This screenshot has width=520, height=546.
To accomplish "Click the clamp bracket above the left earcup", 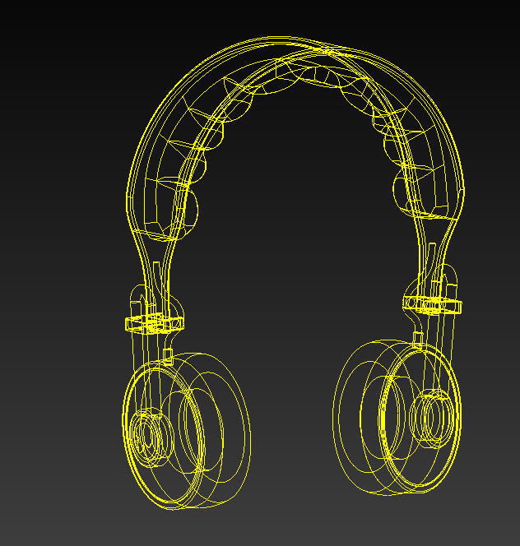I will (153, 322).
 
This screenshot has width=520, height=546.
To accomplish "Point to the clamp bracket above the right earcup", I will (433, 304).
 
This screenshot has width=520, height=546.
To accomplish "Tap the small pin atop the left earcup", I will (168, 356).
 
